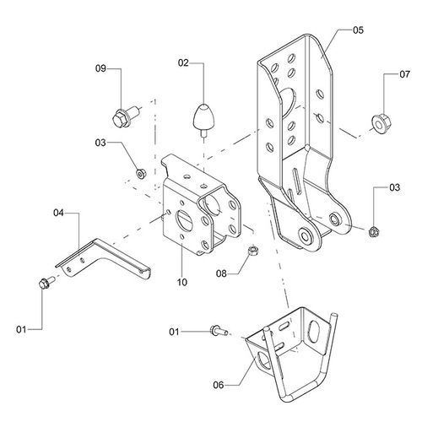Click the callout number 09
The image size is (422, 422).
(x=100, y=68)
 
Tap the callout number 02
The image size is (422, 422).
(x=183, y=62)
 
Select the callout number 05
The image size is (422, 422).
(x=358, y=30)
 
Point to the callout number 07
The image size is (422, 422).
(x=405, y=74)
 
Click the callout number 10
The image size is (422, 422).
(x=182, y=282)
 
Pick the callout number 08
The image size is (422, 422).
(x=221, y=273)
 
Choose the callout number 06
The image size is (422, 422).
(x=219, y=385)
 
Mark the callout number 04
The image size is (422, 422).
(x=58, y=213)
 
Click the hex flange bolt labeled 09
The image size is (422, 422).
(x=126, y=116)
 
